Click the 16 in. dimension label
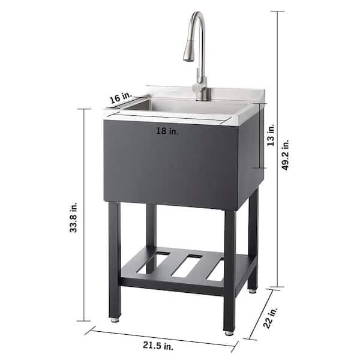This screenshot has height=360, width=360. pos(120,98)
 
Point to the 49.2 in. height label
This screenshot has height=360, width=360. pos(286,155)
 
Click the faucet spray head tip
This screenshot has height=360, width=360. pos(188,58)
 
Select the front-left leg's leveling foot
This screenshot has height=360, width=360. pos(115,320)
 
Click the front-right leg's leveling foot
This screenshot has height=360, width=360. pos(229,331)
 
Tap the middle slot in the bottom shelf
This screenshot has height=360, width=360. pos(188,265)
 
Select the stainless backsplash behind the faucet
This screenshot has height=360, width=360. pos(240,95)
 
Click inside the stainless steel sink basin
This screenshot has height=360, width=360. pos(180,106)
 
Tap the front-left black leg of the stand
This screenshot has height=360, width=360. pos(115,258)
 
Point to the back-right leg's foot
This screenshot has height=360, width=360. pos(253,290)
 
